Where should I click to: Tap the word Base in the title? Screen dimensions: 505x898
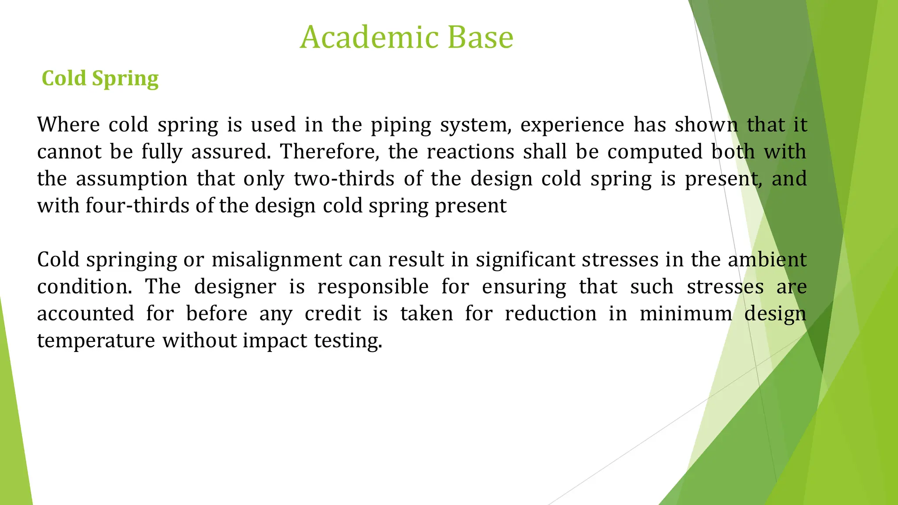(x=480, y=37)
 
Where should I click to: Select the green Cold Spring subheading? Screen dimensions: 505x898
(x=100, y=78)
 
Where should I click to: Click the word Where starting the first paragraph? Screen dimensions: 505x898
(x=68, y=125)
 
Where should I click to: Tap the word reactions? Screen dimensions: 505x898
(x=470, y=152)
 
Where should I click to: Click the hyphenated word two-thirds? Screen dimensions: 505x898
(x=344, y=179)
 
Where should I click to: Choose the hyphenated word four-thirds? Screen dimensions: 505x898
(x=137, y=206)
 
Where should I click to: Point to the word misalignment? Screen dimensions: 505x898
(x=276, y=260)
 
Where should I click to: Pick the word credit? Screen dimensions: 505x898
(x=333, y=314)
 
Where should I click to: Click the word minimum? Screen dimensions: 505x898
(x=686, y=314)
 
